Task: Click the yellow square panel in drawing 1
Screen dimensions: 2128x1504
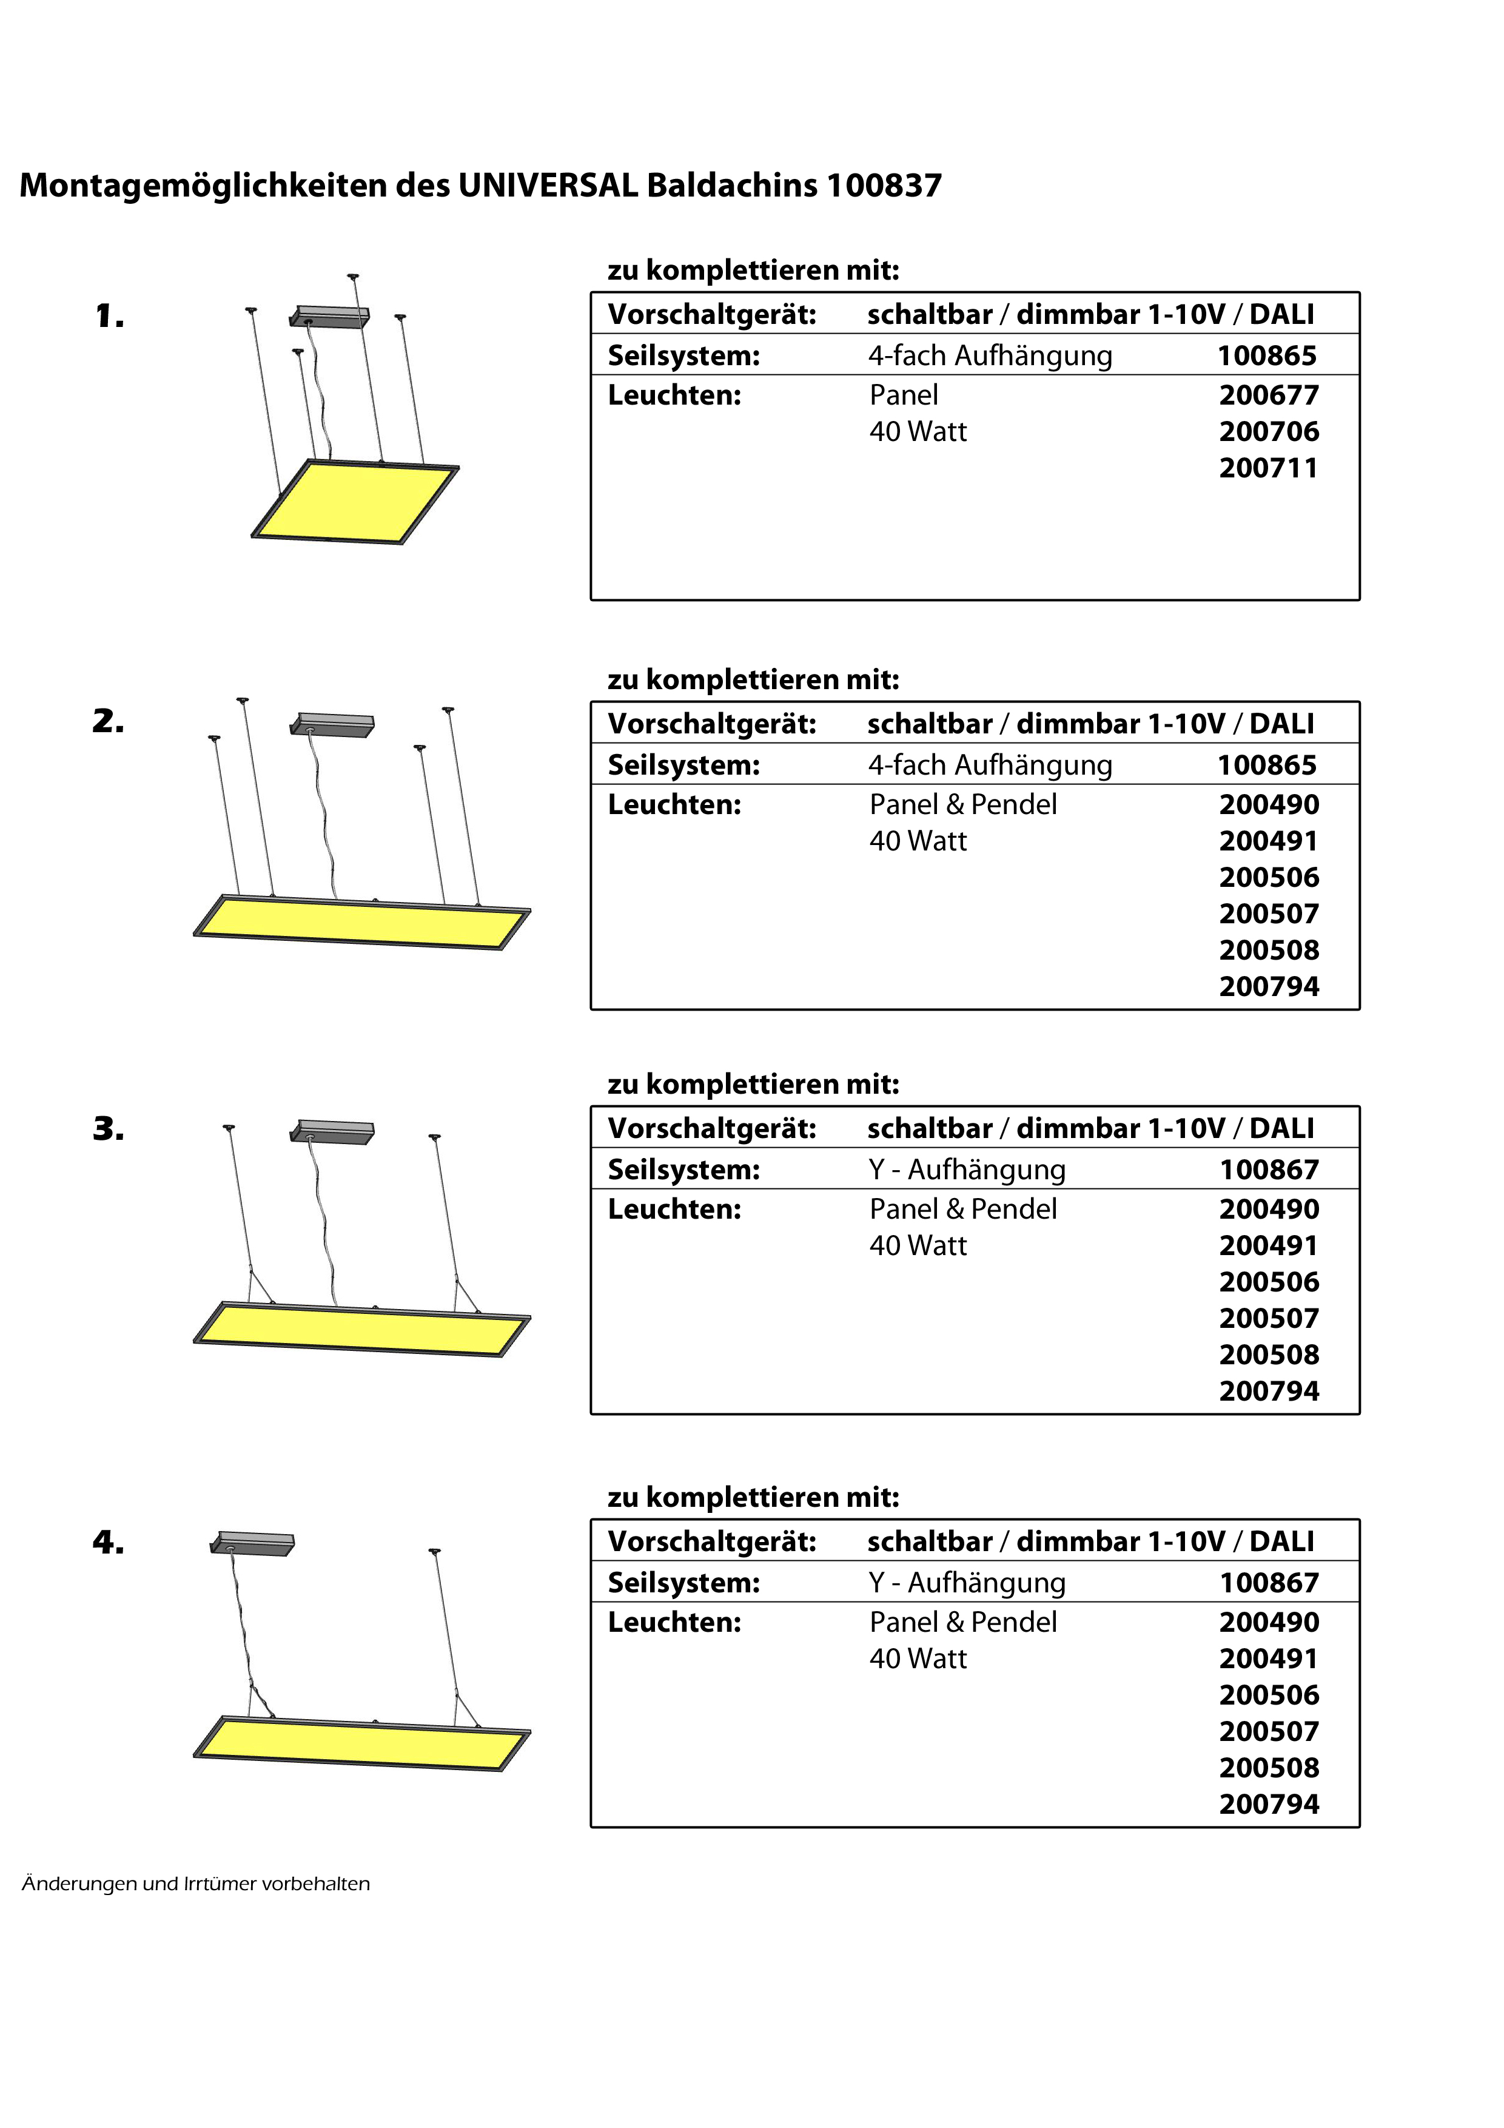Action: (x=355, y=502)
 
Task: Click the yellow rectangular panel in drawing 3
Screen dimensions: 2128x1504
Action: (x=361, y=1329)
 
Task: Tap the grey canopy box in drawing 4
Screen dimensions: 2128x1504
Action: (x=253, y=1543)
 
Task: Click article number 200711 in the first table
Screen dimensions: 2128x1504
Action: (x=1267, y=468)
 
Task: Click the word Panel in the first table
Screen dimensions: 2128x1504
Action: (x=904, y=395)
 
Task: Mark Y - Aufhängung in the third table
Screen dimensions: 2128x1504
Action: (x=967, y=1170)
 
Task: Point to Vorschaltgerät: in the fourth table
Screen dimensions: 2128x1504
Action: (x=712, y=1541)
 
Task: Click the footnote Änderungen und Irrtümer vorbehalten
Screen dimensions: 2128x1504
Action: (x=195, y=1884)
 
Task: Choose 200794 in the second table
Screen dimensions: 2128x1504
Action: (x=1269, y=986)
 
